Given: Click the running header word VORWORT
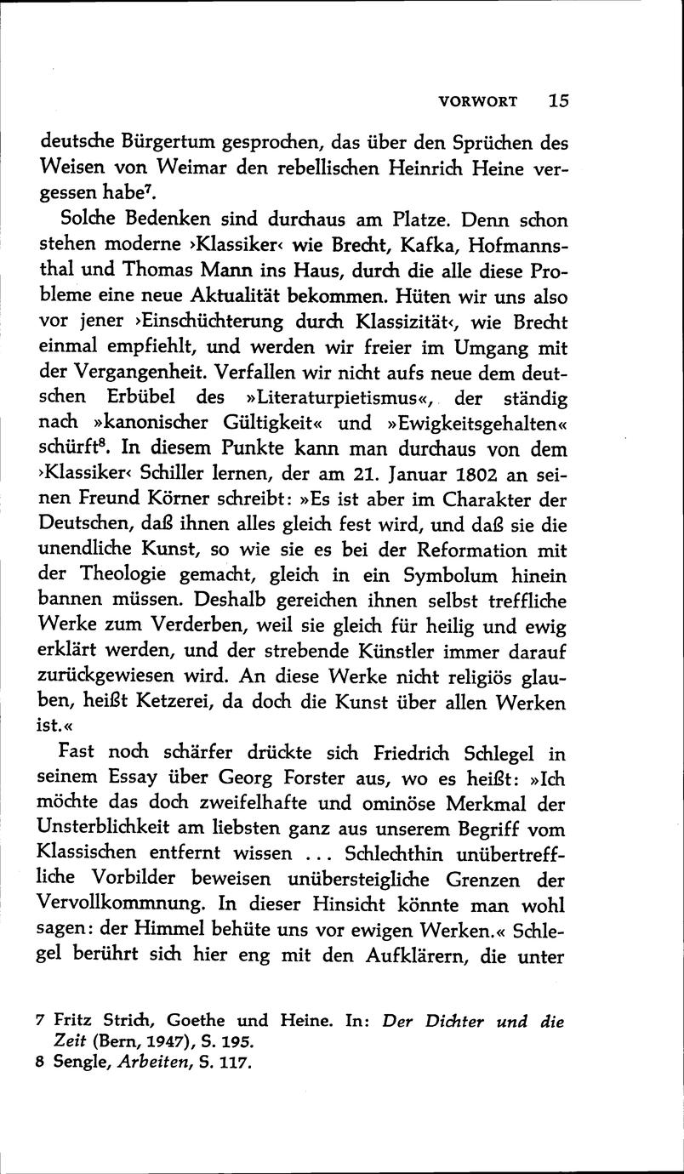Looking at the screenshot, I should click(477, 101).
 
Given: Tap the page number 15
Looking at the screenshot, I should click(558, 100).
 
